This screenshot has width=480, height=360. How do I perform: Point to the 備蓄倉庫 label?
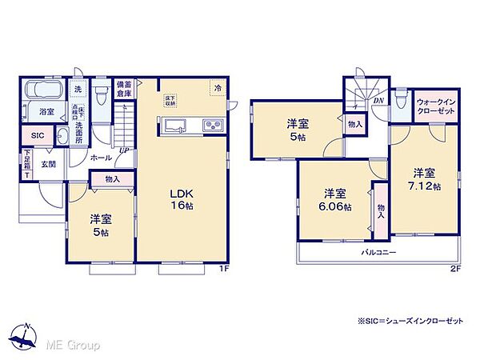click(124, 88)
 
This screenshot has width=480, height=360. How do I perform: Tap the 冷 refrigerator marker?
click(217, 88)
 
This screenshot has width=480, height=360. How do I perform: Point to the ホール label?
click(100, 158)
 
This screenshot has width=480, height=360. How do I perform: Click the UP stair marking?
click(125, 150)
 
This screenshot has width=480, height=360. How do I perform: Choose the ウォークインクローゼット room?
click(435, 106)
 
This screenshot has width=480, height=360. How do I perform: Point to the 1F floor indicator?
click(226, 268)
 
